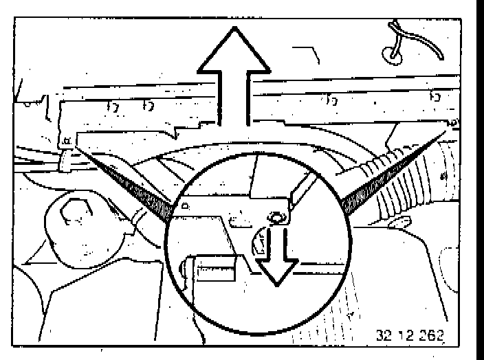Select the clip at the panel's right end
(x=452, y=122)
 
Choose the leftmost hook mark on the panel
(x=111, y=106)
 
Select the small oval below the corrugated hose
(x=403, y=222)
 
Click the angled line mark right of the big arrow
(x=308, y=53)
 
